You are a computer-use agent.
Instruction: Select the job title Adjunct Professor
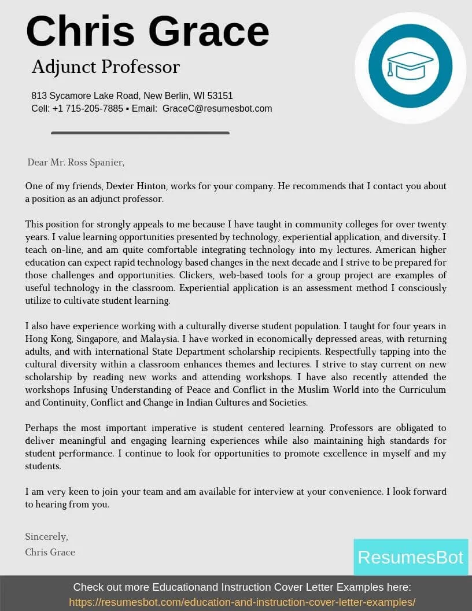tap(105, 67)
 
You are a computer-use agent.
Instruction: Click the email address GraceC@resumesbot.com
tap(217, 109)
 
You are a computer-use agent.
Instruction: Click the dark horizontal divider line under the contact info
tap(140, 133)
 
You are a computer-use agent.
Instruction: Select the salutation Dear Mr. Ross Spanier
tap(76, 163)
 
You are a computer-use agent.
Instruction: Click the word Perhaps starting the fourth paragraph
tap(42, 428)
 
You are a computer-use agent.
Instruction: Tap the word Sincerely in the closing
tap(46, 536)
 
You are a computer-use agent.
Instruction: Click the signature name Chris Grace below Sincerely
tap(50, 552)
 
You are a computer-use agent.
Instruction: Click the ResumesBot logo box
tap(410, 557)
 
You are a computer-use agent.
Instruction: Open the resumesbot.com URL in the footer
tap(242, 602)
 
